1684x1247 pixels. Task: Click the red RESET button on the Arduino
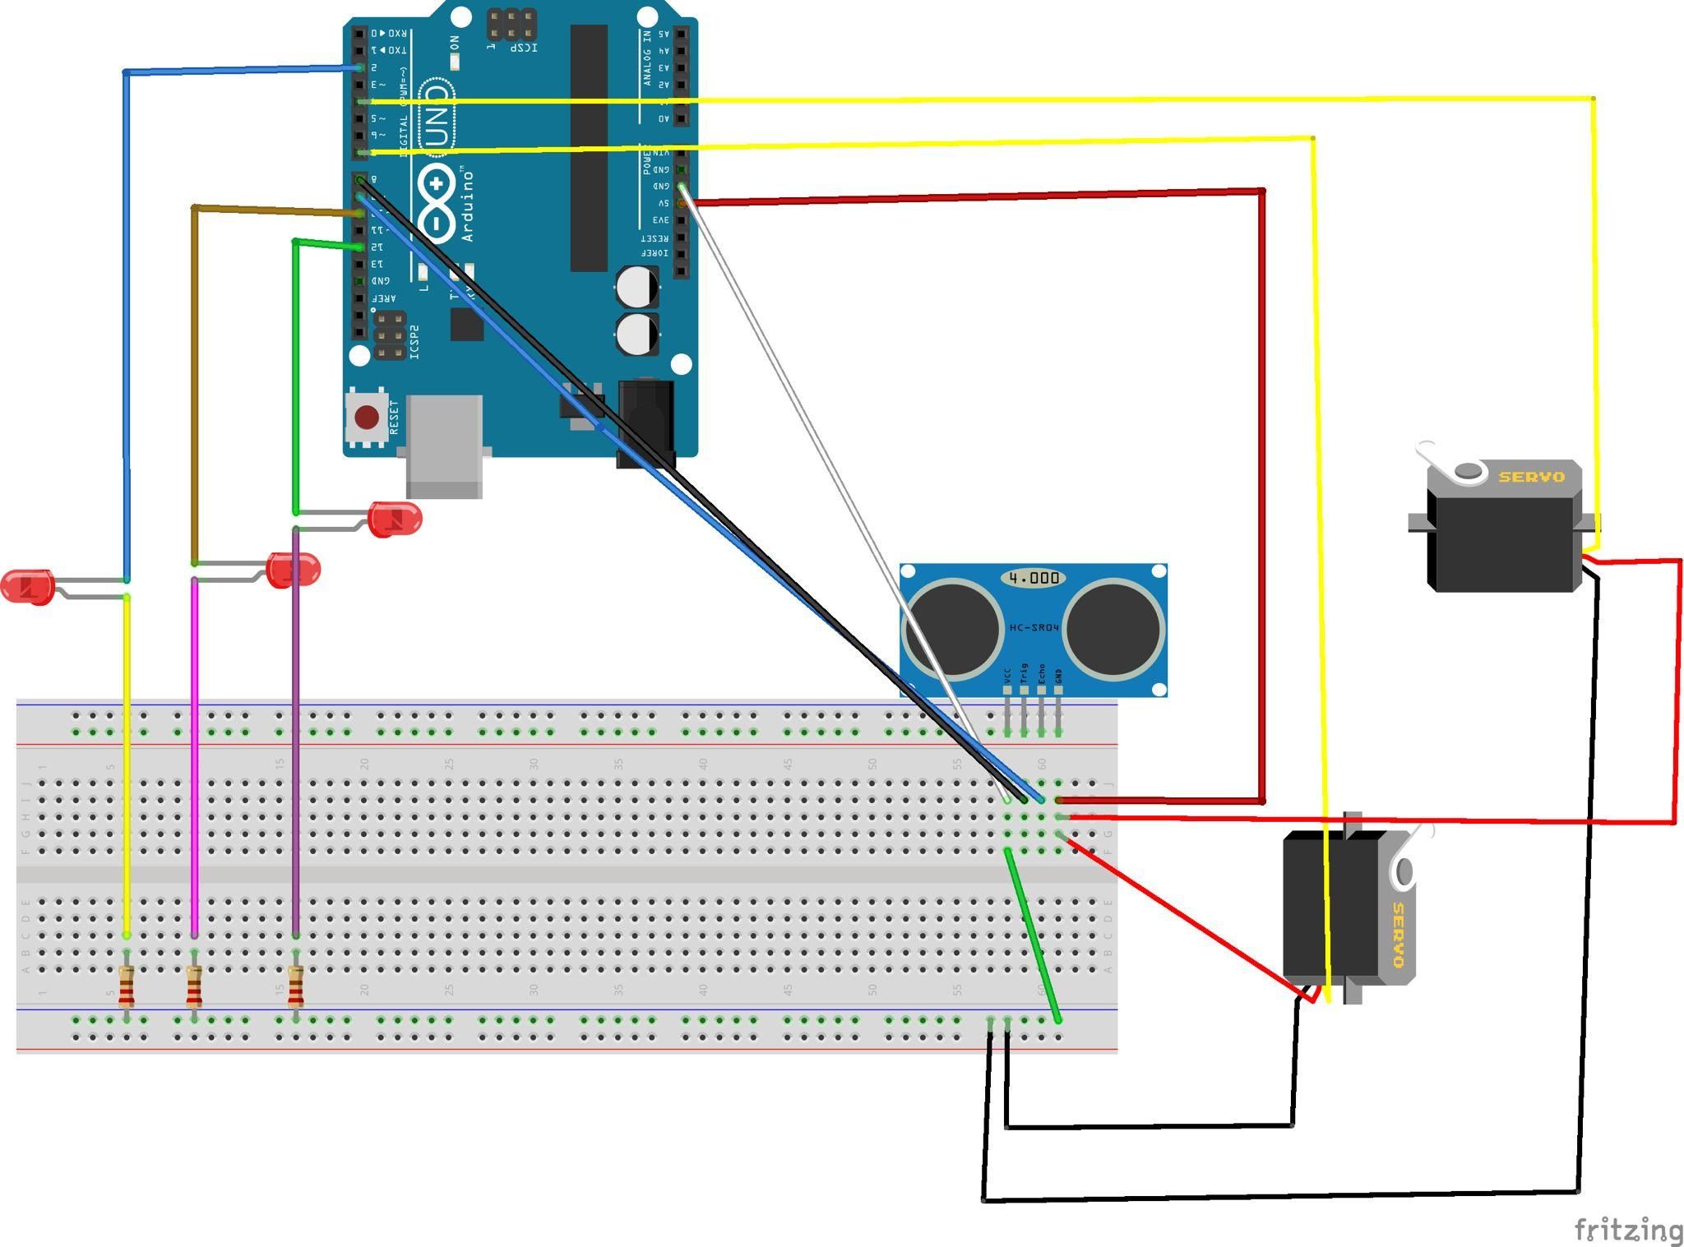click(x=366, y=418)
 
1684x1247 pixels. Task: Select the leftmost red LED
click(x=27, y=586)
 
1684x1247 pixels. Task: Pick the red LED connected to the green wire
click(x=396, y=519)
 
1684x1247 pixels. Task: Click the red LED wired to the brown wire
click(x=294, y=570)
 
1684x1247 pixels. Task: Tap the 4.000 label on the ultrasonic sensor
click(x=1033, y=578)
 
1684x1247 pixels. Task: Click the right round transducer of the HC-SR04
click(x=1114, y=628)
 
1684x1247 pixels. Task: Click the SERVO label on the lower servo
click(x=1398, y=935)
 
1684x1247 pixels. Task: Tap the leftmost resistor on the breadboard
click(x=126, y=986)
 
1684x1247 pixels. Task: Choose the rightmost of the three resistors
click(x=295, y=986)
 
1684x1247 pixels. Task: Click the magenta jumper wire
click(x=194, y=756)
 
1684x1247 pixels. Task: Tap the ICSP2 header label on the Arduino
click(x=414, y=342)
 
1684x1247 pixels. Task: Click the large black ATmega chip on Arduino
click(x=589, y=148)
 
